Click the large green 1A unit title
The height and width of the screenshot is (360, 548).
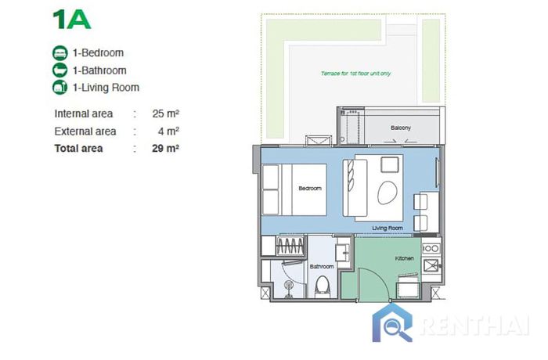[x=72, y=20]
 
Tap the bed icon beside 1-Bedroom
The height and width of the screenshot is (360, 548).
[x=59, y=53]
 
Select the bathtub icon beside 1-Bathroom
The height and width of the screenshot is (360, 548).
[x=59, y=70]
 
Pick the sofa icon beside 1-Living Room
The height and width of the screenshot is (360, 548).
[x=59, y=88]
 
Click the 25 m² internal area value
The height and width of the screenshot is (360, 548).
[x=166, y=113]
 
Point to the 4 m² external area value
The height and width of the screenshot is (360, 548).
[x=168, y=131]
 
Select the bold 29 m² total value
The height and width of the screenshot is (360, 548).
[x=166, y=148]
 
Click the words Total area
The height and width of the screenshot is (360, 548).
[x=78, y=148]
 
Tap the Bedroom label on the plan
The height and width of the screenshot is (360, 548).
[x=310, y=189]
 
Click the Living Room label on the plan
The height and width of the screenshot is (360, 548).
[x=388, y=229]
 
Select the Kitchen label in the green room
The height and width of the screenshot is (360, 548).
[x=405, y=258]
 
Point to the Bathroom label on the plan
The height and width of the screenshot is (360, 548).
[x=322, y=267]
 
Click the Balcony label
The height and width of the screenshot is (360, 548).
[x=401, y=128]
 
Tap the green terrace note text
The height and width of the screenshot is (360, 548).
[x=355, y=74]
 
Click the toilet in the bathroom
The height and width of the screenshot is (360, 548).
[x=323, y=286]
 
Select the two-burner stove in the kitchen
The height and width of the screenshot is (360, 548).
[x=431, y=248]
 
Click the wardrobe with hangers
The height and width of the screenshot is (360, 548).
[x=290, y=246]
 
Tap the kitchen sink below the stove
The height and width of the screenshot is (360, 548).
[x=431, y=265]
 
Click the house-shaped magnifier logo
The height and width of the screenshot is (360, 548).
[x=392, y=323]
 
